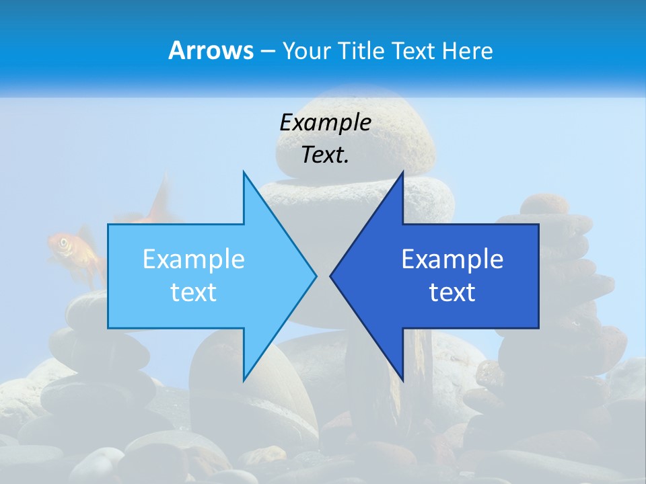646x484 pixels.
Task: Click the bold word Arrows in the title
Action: (210, 50)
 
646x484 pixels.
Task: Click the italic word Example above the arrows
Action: (325, 122)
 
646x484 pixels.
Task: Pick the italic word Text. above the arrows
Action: (325, 155)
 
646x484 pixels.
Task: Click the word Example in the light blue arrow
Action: (193, 259)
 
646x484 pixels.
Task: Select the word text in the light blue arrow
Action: (193, 292)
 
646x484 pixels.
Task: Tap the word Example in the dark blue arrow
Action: (452, 259)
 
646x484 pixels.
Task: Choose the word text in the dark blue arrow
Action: (452, 292)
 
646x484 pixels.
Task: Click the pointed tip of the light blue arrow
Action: (316, 276)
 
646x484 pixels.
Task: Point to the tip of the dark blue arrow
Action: (331, 276)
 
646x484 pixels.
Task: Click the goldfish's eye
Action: (64, 243)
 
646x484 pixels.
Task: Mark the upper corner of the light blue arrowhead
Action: (244, 173)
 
